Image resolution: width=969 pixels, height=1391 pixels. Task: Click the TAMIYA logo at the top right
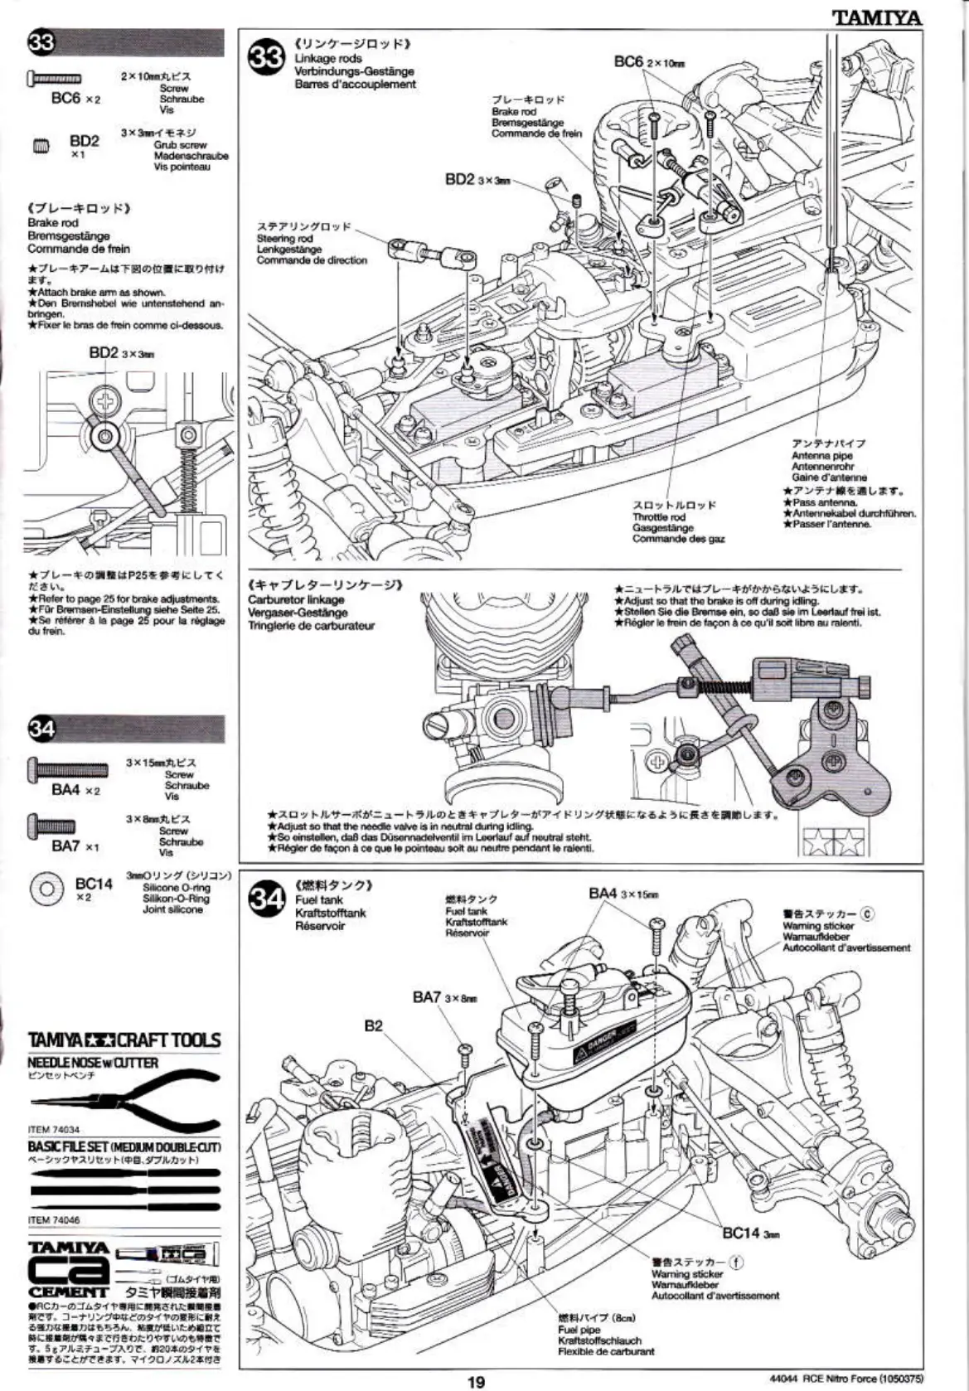pos(877,17)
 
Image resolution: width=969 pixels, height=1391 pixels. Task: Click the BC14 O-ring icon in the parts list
pos(46,889)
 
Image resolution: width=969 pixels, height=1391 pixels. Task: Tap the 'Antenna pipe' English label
pos(821,455)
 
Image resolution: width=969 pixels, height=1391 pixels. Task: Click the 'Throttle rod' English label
pos(659,516)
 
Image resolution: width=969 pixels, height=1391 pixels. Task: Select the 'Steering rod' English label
pos(284,238)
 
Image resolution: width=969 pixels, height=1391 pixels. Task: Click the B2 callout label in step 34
pos(374,1025)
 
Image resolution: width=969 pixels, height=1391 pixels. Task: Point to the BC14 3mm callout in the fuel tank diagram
pos(750,1233)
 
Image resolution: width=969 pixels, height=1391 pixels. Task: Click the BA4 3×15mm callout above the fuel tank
pos(623,893)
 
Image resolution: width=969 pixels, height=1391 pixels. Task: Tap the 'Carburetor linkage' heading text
pos(296,599)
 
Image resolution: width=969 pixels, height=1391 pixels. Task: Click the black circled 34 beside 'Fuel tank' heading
pos(268,899)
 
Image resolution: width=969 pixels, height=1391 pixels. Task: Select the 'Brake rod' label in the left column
pos(52,222)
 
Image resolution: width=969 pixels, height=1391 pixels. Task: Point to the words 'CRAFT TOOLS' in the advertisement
pos(169,1040)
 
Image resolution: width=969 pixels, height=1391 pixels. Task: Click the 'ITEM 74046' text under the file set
pos(54,1220)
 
